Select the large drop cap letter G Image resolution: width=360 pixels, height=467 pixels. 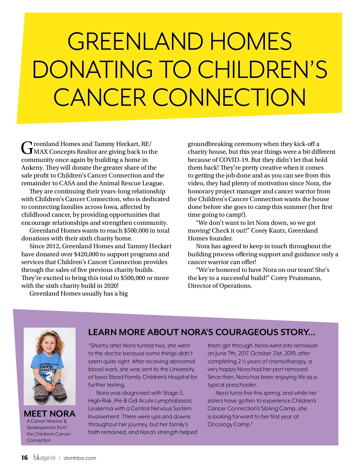coord(27,147)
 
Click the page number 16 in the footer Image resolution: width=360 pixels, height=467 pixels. coord(25,458)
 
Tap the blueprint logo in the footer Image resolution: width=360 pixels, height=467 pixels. coord(45,458)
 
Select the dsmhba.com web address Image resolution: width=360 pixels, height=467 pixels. coord(80,458)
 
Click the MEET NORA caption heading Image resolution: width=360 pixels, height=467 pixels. coord(49,414)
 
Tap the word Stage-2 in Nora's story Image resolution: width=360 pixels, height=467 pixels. coord(173,393)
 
